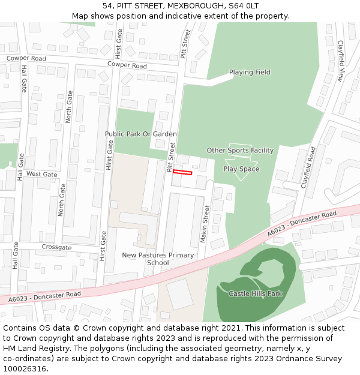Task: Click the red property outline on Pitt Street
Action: tap(182, 173)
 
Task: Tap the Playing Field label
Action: tap(250, 73)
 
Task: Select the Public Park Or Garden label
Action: tap(141, 134)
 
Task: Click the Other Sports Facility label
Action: tap(240, 151)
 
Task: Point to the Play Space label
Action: tap(241, 169)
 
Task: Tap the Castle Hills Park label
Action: tap(255, 293)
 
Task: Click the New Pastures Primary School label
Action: tap(158, 259)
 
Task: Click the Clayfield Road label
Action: tap(308, 169)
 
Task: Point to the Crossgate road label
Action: tap(57, 248)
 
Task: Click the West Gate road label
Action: tap(42, 175)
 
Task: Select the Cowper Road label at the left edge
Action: tap(26, 59)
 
